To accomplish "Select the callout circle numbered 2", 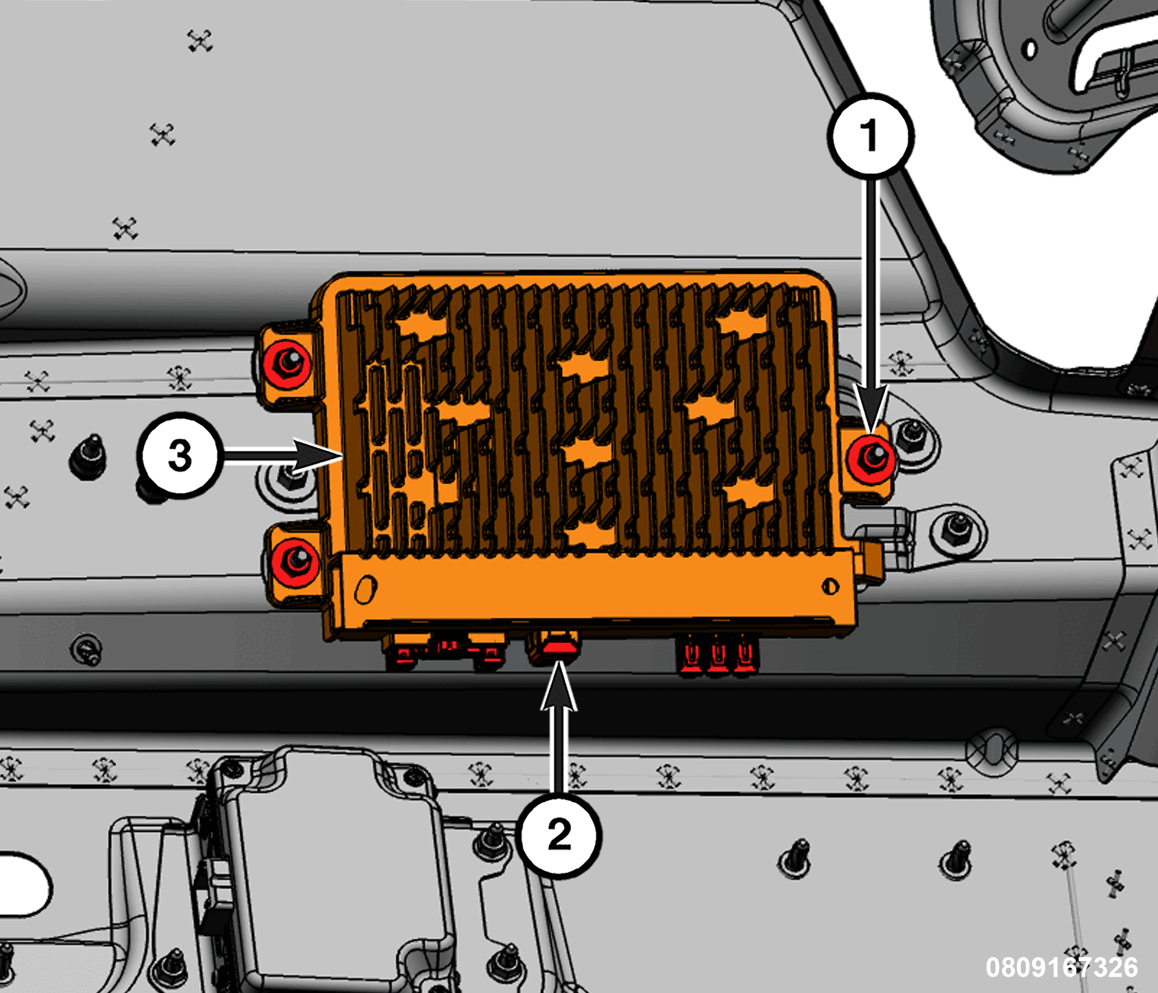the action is coord(560,835).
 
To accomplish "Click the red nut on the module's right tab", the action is coord(870,459).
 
